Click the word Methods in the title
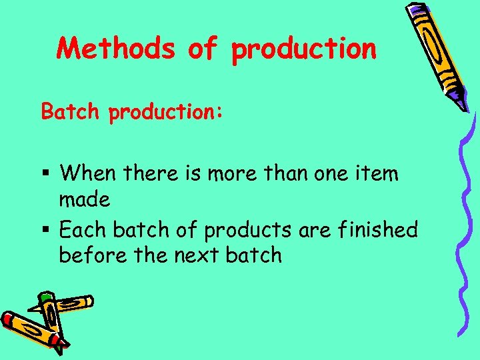tap(115, 49)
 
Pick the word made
tap(85, 199)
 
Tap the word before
tap(89, 255)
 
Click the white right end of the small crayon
tap(88, 301)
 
